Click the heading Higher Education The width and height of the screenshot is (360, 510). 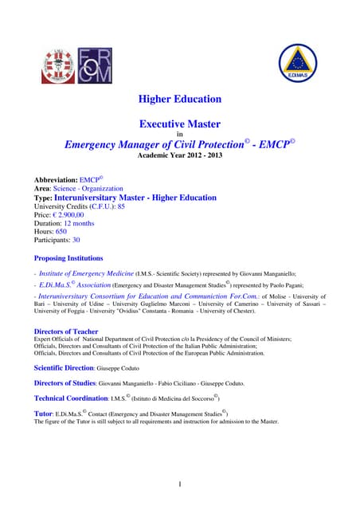click(180, 100)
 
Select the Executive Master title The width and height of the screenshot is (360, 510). click(180, 124)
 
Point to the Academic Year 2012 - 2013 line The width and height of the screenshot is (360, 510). click(180, 156)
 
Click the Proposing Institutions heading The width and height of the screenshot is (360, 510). click(68, 258)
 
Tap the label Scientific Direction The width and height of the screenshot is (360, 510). click(64, 368)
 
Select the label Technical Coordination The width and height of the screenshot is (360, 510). click(70, 397)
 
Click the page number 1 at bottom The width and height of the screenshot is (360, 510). click(180, 484)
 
